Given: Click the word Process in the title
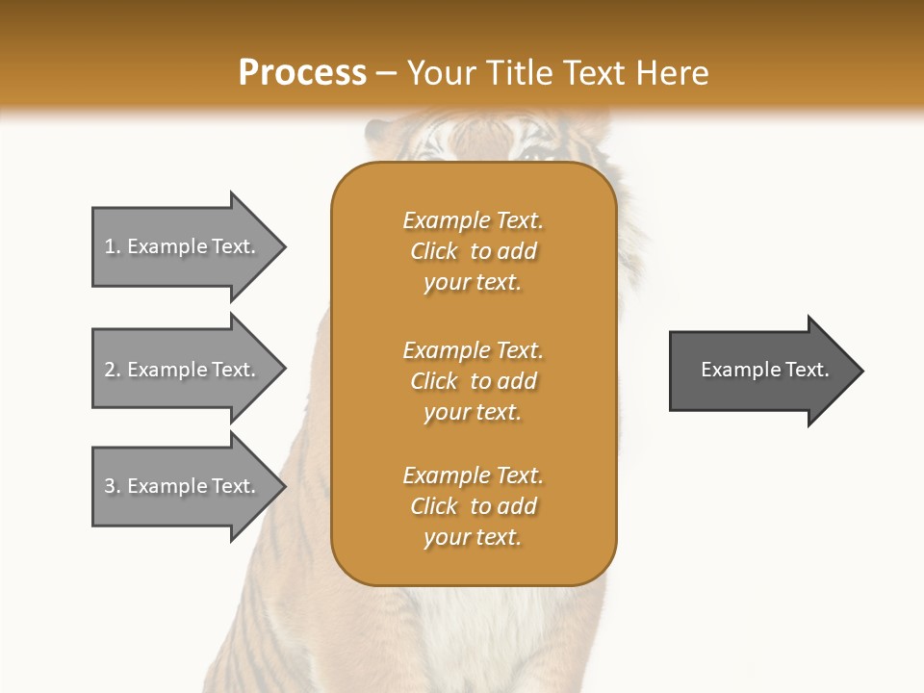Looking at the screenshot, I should coord(302,73).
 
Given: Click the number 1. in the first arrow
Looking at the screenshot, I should coord(113,246).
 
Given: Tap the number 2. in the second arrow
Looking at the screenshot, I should coord(113,370).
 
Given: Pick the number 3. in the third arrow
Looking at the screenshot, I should coord(113,486).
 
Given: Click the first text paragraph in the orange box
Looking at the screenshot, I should coord(473,251).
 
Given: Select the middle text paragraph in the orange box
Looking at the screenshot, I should coord(473,381).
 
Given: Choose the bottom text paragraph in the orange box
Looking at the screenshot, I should coord(473,506).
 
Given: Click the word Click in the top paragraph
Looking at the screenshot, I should coord(434,252).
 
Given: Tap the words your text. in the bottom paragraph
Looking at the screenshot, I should coord(473,537).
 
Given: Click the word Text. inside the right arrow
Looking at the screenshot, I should coord(804,370).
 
